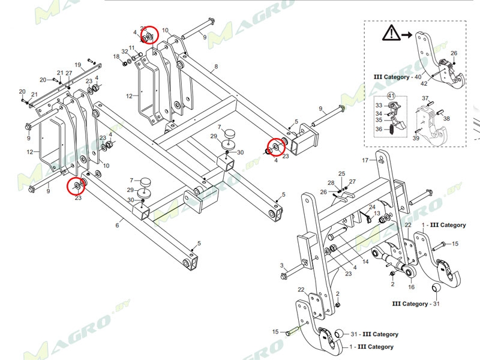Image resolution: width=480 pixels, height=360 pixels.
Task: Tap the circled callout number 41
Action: pyautogui.click(x=391, y=95)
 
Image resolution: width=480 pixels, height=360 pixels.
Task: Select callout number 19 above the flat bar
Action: pyautogui.click(x=77, y=65)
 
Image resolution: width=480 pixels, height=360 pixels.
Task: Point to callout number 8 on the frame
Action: pyautogui.click(x=216, y=66)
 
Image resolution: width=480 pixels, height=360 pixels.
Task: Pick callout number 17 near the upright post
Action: pyautogui.click(x=364, y=160)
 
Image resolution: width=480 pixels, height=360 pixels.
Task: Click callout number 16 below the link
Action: pyautogui.click(x=411, y=287)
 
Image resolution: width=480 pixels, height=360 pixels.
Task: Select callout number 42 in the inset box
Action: pyautogui.click(x=440, y=84)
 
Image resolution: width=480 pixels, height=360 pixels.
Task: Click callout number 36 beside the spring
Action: pyautogui.click(x=378, y=129)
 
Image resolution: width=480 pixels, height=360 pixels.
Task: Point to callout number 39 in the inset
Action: pyautogui.click(x=415, y=139)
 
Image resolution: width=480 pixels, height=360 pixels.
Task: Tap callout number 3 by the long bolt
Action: pyautogui.click(x=281, y=265)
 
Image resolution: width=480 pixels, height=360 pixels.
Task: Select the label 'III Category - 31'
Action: pyautogui.click(x=415, y=304)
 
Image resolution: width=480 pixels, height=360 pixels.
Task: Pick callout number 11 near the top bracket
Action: pyautogui.click(x=132, y=47)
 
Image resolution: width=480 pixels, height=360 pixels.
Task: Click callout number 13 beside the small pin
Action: pyautogui.click(x=377, y=214)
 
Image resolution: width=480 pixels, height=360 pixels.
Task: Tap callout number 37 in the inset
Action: pyautogui.click(x=424, y=98)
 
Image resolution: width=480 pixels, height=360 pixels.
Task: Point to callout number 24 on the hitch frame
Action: pyautogui.click(x=371, y=207)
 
